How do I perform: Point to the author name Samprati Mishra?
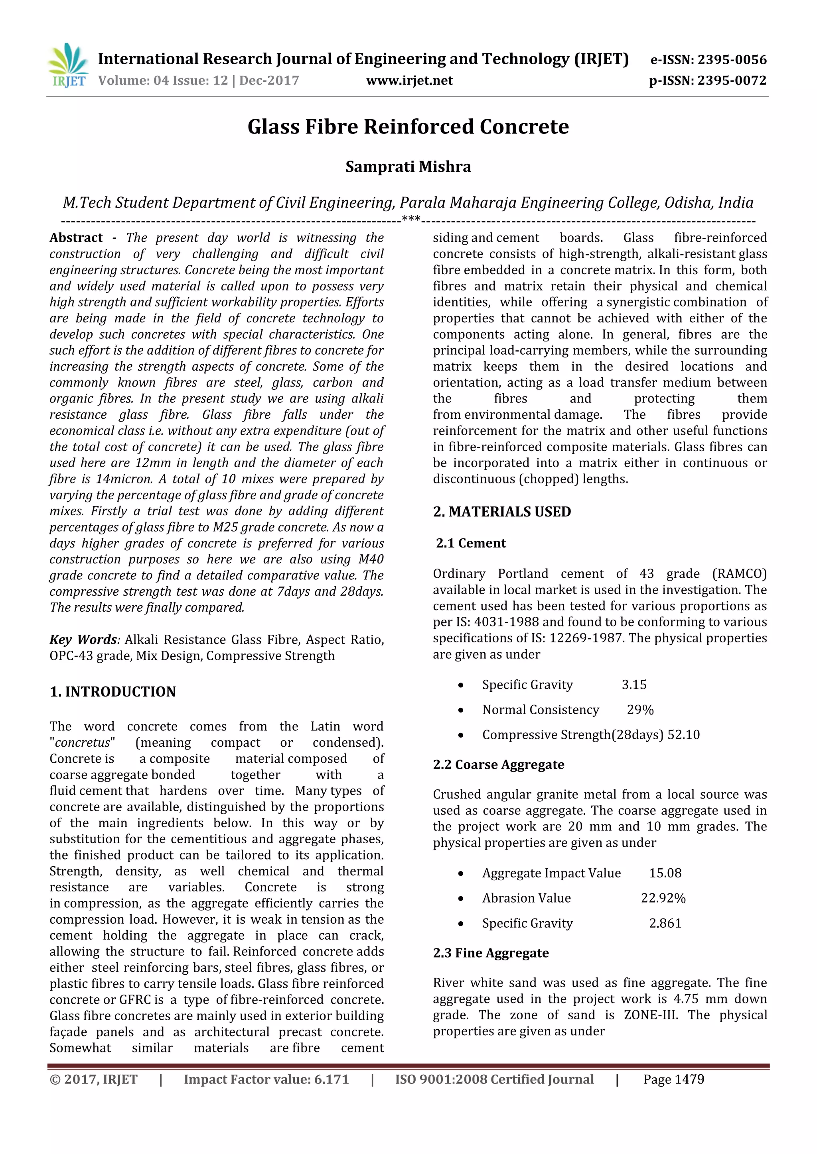[408, 167]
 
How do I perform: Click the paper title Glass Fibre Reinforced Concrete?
[408, 127]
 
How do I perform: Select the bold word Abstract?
[76, 238]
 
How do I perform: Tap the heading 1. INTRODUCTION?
[112, 692]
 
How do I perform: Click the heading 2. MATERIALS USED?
[501, 512]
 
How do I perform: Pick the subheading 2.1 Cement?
[471, 543]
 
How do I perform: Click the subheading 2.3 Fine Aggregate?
[491, 953]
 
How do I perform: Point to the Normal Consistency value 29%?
[640, 710]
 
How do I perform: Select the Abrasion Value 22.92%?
[663, 898]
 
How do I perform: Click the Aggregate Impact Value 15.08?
[665, 873]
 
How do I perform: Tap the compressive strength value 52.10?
[683, 735]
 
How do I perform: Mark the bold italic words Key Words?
[83, 640]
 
